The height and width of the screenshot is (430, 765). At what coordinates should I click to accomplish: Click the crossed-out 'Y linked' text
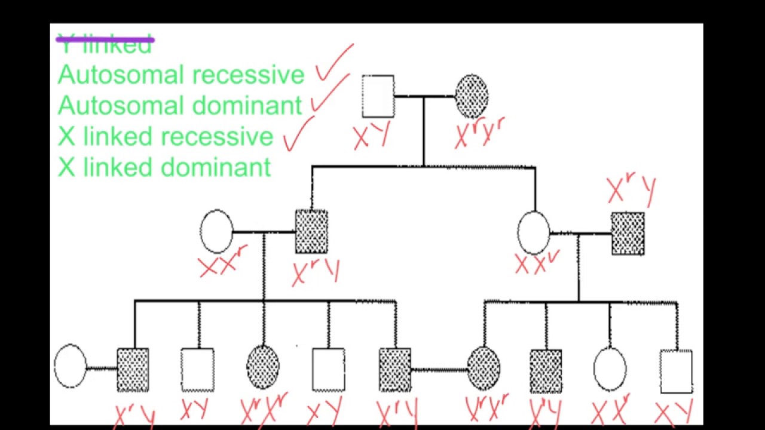(105, 44)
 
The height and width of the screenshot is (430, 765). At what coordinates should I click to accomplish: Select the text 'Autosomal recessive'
(181, 75)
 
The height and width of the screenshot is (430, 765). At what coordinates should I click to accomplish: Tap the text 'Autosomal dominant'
(179, 106)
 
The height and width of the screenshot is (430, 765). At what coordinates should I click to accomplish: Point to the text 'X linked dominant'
(164, 167)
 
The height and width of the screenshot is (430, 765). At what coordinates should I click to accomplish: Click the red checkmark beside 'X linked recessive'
(298, 134)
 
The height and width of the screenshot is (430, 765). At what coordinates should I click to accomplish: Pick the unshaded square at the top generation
(378, 96)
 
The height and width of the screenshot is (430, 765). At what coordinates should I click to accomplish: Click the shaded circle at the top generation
(472, 96)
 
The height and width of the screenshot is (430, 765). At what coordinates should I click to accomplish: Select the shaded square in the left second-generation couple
(311, 231)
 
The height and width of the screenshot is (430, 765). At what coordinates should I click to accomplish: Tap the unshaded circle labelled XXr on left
(216, 231)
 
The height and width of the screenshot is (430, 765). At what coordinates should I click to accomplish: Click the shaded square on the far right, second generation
(628, 234)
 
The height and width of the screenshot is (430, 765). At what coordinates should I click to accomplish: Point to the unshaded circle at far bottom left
(70, 365)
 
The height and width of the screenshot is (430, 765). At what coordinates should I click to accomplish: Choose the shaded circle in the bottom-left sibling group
(263, 367)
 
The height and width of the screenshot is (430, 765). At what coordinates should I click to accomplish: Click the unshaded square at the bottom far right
(676, 370)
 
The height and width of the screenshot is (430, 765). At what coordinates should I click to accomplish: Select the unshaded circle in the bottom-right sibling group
(610, 369)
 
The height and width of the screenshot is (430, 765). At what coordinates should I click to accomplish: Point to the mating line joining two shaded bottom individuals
(439, 370)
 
